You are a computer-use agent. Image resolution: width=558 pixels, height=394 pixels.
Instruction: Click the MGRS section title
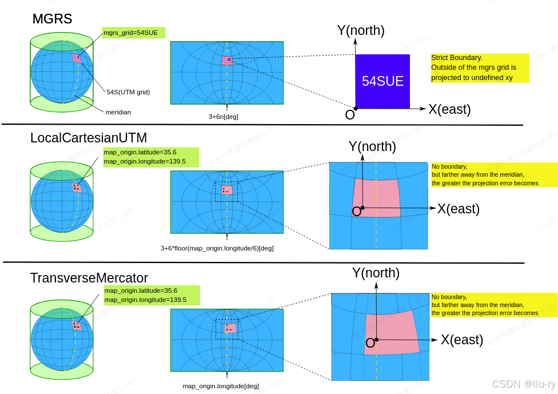(x=52, y=19)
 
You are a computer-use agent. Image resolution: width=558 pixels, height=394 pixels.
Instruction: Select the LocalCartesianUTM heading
(x=89, y=138)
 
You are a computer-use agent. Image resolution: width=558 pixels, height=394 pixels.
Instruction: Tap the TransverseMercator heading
(x=89, y=278)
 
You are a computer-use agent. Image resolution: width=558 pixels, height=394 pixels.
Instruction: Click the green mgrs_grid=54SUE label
(x=133, y=33)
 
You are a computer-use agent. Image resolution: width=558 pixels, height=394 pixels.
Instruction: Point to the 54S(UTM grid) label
(x=128, y=92)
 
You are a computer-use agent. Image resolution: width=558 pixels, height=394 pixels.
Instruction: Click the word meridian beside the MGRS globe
(x=118, y=112)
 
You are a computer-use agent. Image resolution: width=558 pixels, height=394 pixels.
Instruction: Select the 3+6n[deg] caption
(x=223, y=117)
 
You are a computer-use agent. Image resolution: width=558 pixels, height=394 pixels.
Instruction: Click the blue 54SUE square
(x=382, y=81)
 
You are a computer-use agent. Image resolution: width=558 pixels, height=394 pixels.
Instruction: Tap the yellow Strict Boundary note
(x=479, y=67)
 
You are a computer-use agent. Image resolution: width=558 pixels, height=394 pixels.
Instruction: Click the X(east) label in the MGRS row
(x=449, y=109)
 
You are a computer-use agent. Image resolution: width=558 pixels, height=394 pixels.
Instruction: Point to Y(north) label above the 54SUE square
(x=361, y=30)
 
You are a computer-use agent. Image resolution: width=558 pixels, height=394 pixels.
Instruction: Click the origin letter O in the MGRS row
(x=350, y=115)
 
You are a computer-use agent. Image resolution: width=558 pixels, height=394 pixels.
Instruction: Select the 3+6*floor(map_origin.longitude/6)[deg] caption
(x=217, y=248)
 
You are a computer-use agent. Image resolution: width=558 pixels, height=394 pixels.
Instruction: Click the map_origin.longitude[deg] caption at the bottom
(x=220, y=386)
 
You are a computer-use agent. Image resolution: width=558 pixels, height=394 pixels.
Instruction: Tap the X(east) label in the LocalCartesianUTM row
(x=458, y=209)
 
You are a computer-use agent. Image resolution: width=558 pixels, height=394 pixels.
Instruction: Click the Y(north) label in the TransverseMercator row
(x=376, y=273)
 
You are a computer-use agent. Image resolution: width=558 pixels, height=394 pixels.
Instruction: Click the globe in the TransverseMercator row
(x=62, y=339)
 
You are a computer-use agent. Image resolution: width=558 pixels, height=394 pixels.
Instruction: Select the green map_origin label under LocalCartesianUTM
(x=150, y=157)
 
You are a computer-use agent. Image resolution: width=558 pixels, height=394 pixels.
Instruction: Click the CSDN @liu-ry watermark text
(x=523, y=384)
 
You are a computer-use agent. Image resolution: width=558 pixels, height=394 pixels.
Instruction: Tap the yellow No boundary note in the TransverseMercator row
(x=493, y=305)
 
